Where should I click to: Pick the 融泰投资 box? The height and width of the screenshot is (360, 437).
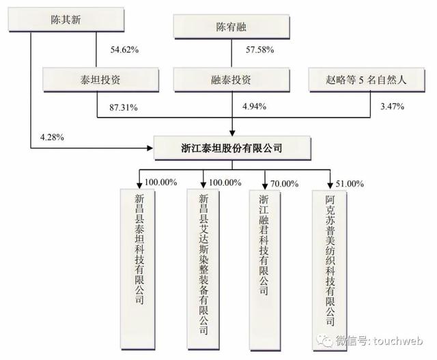234,79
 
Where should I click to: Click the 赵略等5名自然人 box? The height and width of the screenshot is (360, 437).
367,79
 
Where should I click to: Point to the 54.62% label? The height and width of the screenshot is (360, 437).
124,50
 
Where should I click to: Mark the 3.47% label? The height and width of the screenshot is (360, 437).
391,107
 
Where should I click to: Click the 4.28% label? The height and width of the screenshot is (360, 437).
52,137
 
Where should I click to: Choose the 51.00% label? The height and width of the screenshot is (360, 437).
348,183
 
